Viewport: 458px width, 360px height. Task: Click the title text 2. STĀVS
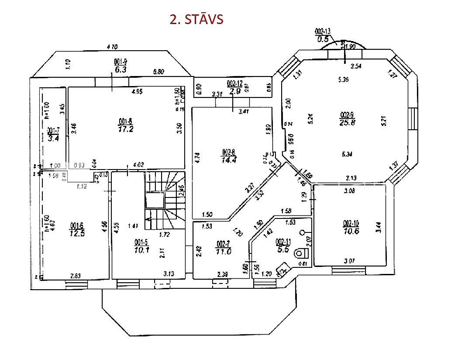coord(196,20)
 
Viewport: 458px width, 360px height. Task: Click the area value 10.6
coord(351,231)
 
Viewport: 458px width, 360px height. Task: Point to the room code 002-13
coord(324,31)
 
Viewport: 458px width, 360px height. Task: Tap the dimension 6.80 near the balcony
coord(158,71)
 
